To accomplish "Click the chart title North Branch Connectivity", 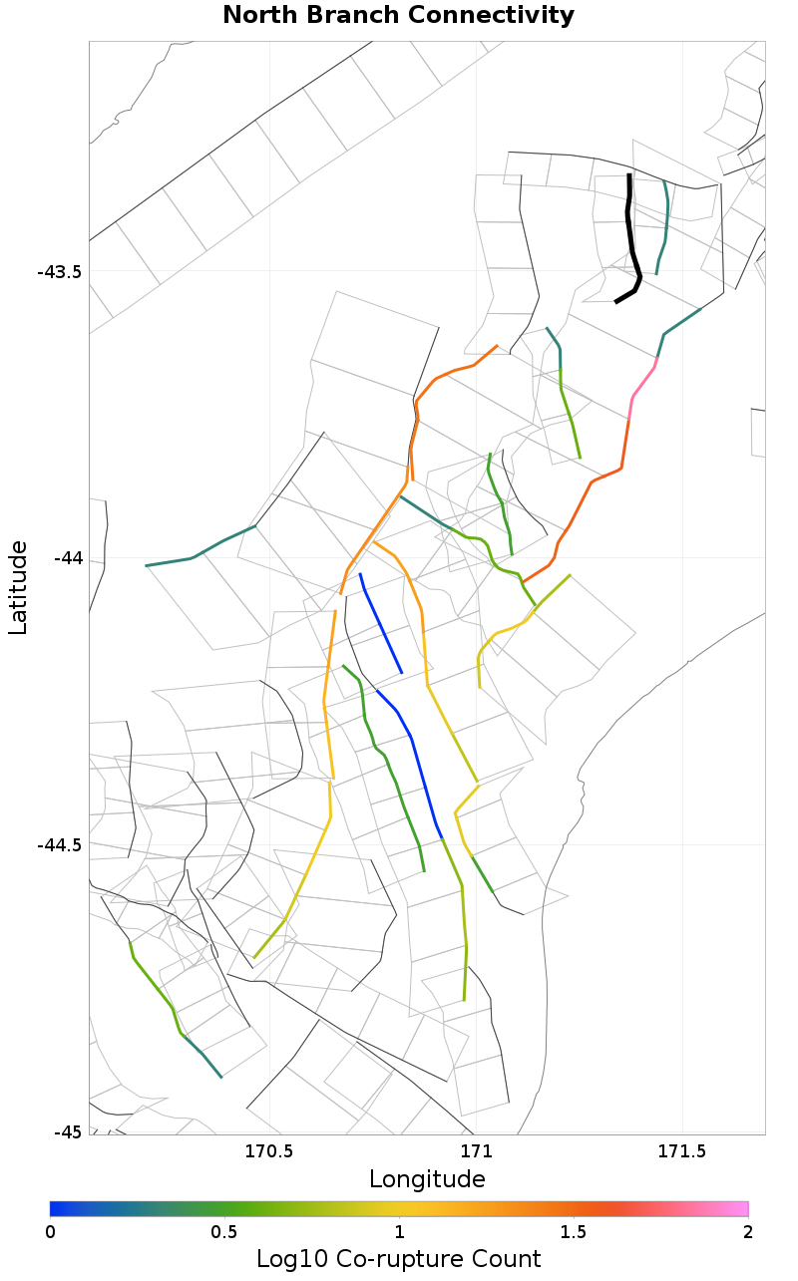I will click(x=398, y=16).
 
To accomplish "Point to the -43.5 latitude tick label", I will click(x=59, y=272).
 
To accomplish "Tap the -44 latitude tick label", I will click(x=67, y=558).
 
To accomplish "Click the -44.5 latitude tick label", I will click(x=59, y=845).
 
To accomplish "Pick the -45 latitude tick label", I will click(x=67, y=1132).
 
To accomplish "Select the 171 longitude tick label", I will click(x=476, y=1152).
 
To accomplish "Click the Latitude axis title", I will click(x=18, y=588).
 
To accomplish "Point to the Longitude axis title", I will click(x=427, y=1179).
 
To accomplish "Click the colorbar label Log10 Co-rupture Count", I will click(x=398, y=1258).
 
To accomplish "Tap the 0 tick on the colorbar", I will click(x=51, y=1232).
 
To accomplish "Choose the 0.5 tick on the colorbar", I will click(x=224, y=1232).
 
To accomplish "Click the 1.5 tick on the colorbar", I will click(x=574, y=1232).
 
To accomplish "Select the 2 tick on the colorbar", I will click(x=747, y=1232).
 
